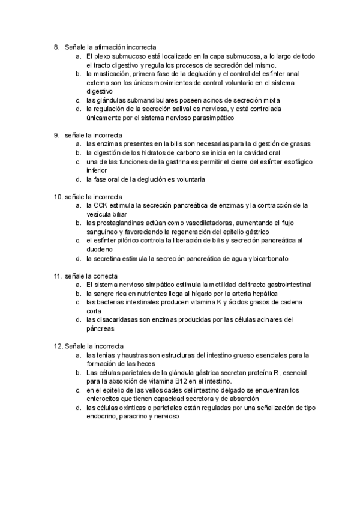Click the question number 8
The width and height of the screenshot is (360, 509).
click(56, 46)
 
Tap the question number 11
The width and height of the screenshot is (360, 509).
click(58, 276)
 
